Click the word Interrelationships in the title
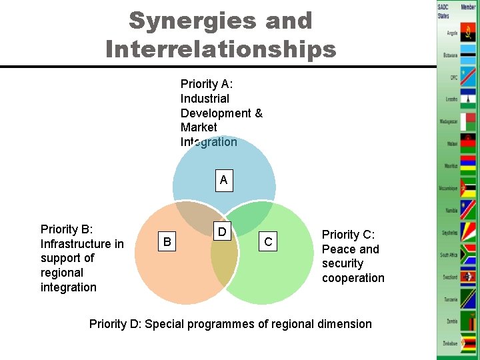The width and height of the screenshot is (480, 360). coord(221,49)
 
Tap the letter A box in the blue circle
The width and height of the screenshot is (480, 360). coord(223,179)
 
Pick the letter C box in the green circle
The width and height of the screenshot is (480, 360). coord(268,242)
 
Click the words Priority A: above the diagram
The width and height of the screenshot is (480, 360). coord(206,84)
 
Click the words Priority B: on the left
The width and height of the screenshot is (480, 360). coord(66,229)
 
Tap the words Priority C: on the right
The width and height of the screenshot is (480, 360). coord(349,235)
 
